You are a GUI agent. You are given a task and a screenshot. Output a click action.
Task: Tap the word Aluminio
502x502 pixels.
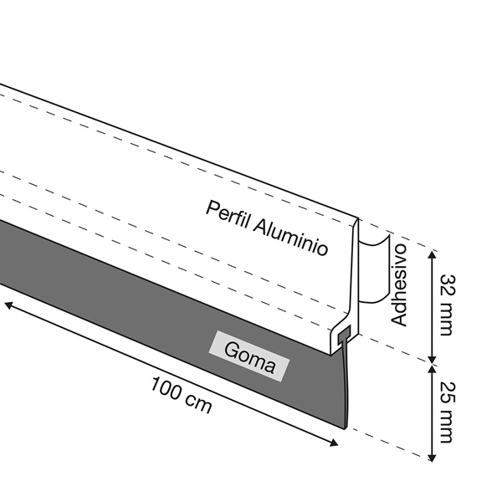point(292,238)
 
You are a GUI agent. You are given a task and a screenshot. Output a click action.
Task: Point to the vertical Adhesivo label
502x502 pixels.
point(400,285)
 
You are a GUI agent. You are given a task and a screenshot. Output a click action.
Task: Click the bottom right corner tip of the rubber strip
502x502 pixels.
point(343,428)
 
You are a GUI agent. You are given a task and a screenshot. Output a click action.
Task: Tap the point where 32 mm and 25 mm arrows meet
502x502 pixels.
point(432,359)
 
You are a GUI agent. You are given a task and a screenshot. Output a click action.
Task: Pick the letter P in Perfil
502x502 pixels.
point(212,208)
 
